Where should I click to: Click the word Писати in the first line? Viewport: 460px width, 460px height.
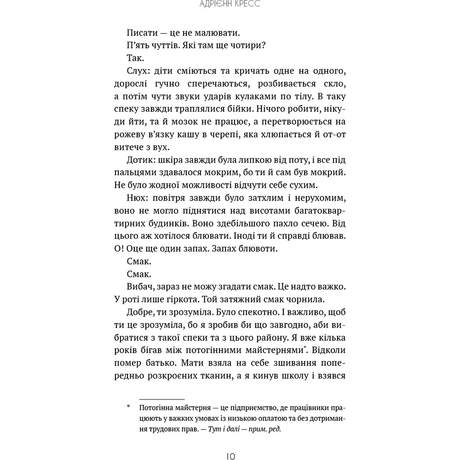click(139, 33)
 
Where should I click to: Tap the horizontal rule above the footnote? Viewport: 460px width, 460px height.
click(161, 399)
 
